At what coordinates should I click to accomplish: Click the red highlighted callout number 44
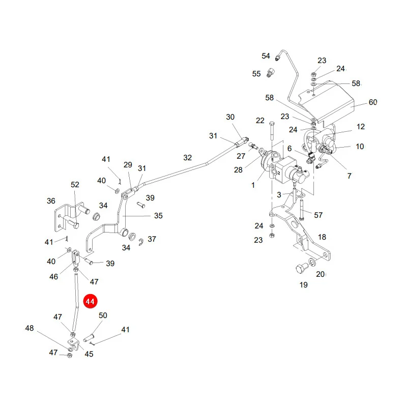click(x=90, y=301)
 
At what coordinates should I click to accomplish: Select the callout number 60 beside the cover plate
click(x=373, y=102)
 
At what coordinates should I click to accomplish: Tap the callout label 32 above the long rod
click(x=188, y=158)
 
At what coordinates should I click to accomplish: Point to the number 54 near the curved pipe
click(x=266, y=56)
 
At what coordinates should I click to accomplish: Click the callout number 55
click(x=256, y=74)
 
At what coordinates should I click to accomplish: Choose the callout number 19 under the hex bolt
click(x=303, y=285)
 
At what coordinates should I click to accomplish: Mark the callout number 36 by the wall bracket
click(x=51, y=201)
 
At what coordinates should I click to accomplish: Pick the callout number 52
click(x=75, y=185)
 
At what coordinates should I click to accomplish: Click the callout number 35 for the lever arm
click(x=158, y=216)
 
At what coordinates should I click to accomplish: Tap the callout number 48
click(x=30, y=328)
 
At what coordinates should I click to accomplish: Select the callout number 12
click(x=361, y=127)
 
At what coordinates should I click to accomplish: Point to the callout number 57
click(x=318, y=215)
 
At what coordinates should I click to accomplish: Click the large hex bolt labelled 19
click(x=301, y=269)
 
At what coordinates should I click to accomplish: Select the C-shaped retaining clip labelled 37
click(x=141, y=242)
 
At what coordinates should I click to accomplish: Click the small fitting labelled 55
click(x=271, y=73)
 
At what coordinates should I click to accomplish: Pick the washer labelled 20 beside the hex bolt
click(x=312, y=262)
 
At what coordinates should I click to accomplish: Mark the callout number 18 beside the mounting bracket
click(x=322, y=237)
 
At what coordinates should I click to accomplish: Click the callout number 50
click(x=103, y=315)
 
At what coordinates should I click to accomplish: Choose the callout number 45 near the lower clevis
click(x=89, y=354)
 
